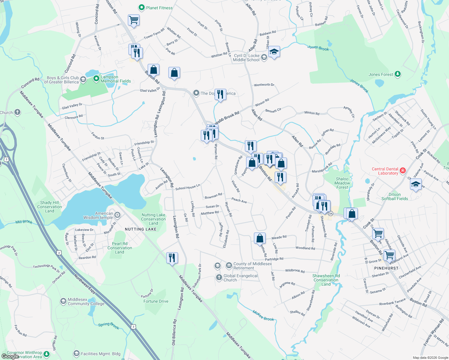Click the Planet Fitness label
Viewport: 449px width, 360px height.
point(159,8)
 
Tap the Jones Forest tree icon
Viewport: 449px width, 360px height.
point(398,74)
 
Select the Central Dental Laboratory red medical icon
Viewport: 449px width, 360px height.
point(403,171)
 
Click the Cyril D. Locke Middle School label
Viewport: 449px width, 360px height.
point(246,58)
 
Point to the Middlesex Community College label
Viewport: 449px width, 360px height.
point(86,301)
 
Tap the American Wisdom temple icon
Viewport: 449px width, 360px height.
point(117,215)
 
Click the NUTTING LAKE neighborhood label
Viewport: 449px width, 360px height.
point(140,229)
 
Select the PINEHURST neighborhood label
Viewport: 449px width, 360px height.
point(386,268)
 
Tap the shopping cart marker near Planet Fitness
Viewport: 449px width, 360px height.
point(134,20)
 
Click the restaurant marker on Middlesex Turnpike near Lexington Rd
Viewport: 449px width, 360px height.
point(172,258)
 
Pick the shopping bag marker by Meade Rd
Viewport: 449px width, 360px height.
point(260,238)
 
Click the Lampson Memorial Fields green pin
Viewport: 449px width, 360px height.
point(96,79)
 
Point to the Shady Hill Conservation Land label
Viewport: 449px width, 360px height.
point(50,207)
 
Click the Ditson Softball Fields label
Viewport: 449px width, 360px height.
point(394,196)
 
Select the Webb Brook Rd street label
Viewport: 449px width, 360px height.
point(227,118)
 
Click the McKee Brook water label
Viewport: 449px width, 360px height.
point(263,316)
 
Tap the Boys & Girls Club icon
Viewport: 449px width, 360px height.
point(83,79)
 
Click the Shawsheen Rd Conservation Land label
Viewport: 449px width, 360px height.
point(326,280)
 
